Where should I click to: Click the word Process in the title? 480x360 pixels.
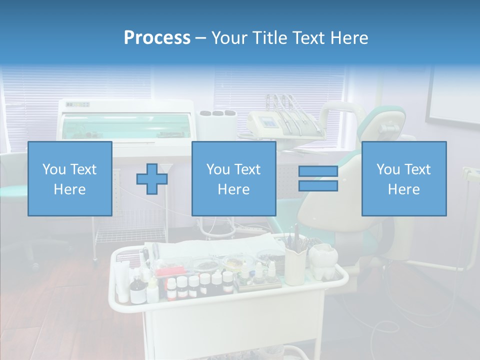click(x=157, y=38)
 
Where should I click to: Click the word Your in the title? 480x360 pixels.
click(x=230, y=38)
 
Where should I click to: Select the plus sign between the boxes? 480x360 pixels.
click(x=152, y=179)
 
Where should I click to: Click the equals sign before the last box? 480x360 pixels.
click(x=318, y=178)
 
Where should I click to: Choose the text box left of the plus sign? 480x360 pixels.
click(x=70, y=178)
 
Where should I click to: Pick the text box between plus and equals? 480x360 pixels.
click(x=233, y=178)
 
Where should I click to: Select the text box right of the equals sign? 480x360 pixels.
click(x=403, y=178)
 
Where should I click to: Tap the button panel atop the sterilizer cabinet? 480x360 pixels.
click(x=77, y=104)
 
